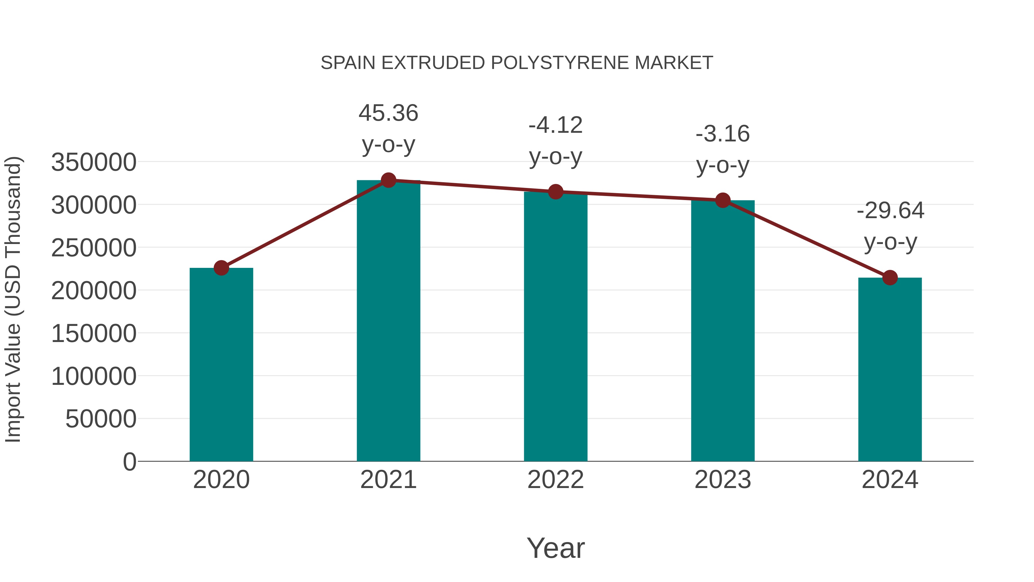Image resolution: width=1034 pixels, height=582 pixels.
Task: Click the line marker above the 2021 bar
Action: point(388,180)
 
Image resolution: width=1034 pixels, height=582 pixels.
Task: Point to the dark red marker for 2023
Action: point(723,200)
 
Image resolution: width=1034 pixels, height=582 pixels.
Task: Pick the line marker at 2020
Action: point(221,268)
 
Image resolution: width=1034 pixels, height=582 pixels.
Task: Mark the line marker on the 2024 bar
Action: point(890,278)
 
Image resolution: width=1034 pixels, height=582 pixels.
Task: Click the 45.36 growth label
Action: point(388,113)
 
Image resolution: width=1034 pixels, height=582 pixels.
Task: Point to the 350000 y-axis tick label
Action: point(94,163)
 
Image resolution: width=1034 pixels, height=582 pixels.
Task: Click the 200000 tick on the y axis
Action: point(94,291)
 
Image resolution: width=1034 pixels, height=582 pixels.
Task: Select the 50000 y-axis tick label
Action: point(101,419)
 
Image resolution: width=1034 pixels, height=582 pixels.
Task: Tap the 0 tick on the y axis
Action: point(130,462)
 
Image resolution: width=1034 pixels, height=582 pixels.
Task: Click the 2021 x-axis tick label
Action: point(388,480)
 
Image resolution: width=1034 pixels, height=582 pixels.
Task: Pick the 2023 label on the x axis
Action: point(723,480)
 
